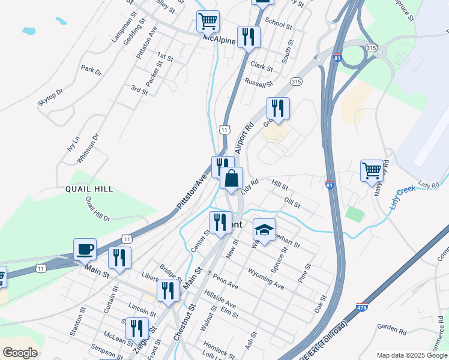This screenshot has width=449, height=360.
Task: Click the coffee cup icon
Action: coord(85,249)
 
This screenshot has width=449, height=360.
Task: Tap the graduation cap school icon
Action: coord(264,230)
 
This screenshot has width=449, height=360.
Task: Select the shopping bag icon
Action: coord(231,178)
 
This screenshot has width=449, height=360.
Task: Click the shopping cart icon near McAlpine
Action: coord(208,22)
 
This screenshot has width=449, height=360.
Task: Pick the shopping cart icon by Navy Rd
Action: coord(372,170)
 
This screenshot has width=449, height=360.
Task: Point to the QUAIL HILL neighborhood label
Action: coord(90,189)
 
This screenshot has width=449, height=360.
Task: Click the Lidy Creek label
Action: coord(402,197)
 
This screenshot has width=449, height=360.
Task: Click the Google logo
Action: coord(20,352)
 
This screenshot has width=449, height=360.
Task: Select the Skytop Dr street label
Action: coord(50,98)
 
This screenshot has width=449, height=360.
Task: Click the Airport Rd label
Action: coord(246,138)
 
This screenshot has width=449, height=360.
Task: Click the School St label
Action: coord(278,24)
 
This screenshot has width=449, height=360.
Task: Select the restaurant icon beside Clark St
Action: coord(247,37)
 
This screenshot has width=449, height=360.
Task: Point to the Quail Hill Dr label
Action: coord(97,209)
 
